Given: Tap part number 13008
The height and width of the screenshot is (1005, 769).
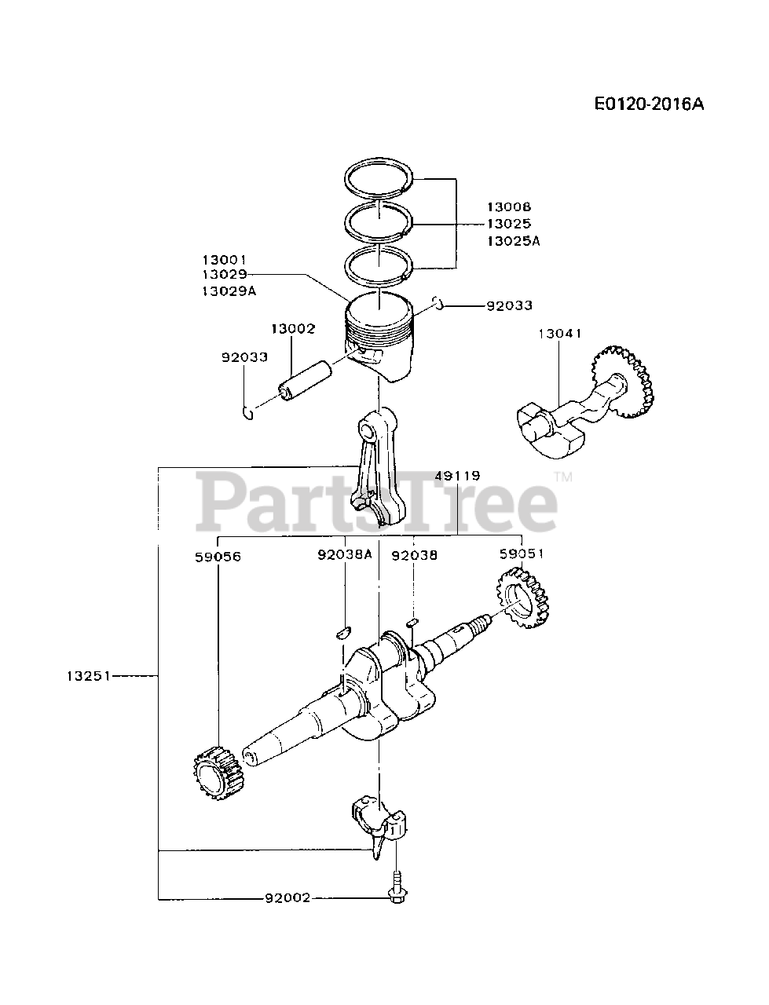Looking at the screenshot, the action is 508,206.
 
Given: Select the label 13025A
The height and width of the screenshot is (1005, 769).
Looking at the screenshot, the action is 513,241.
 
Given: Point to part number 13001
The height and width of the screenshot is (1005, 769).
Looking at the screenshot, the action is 224,258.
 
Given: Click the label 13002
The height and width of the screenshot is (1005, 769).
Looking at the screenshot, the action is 293,329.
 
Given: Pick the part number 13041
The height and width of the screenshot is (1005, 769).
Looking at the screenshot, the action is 559,334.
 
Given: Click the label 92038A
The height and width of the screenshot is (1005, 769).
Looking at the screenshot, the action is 345,555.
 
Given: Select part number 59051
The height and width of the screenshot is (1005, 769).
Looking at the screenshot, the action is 521,554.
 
